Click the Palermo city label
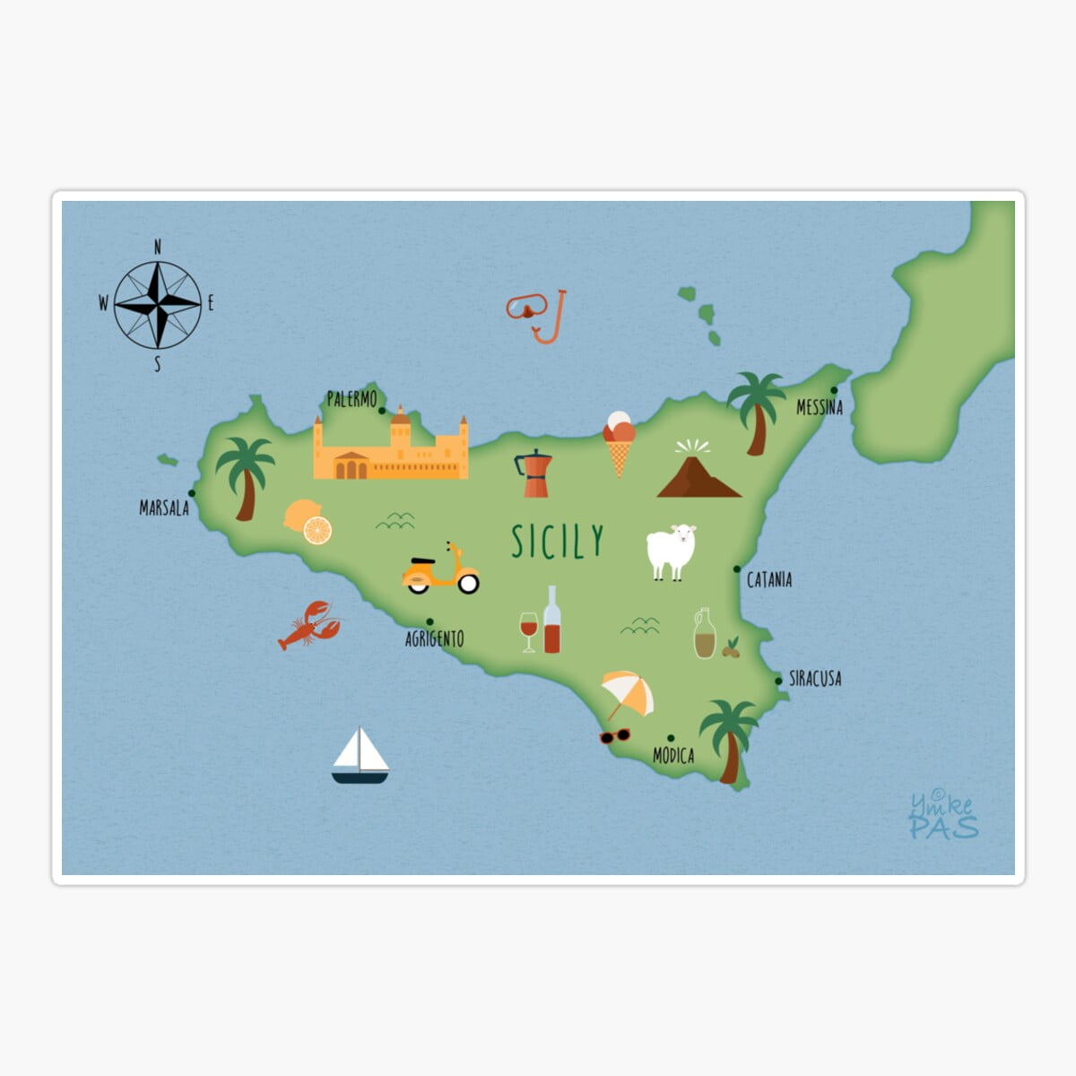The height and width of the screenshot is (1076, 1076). (351, 399)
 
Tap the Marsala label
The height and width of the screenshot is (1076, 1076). (164, 508)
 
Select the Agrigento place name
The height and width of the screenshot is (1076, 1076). (435, 638)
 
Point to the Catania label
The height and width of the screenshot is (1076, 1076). (769, 580)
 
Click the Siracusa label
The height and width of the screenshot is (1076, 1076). (815, 679)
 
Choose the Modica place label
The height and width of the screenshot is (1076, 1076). (673, 756)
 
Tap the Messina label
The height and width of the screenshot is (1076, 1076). (820, 407)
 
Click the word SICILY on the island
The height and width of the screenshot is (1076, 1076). (558, 542)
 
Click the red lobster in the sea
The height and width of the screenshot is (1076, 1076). (308, 625)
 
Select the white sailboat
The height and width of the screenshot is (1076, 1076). (360, 756)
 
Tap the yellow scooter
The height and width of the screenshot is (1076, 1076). (440, 571)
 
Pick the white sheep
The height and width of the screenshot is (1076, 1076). (672, 551)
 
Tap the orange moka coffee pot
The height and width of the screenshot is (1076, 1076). (534, 473)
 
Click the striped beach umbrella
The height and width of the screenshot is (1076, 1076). (627, 693)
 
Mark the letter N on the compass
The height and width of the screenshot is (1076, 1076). (158, 247)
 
